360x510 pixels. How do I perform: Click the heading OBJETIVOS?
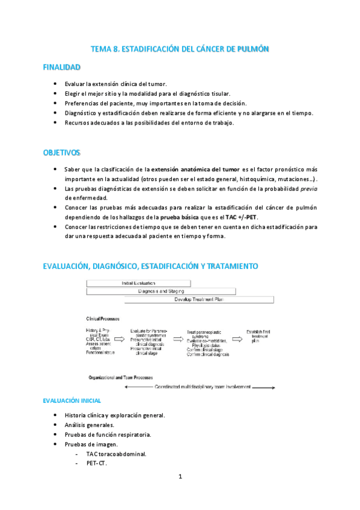(x=61, y=153)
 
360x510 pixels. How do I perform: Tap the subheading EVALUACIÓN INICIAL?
(x=72, y=400)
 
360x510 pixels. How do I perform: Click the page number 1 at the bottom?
(x=180, y=476)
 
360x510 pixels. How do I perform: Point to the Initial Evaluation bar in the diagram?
(x=139, y=283)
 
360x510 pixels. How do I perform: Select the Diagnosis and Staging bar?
(x=160, y=291)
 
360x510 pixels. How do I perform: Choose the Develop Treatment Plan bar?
(x=199, y=300)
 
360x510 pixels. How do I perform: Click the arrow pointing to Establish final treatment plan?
(x=237, y=340)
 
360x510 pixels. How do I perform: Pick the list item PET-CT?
(x=96, y=462)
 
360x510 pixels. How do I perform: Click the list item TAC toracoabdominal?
(x=116, y=453)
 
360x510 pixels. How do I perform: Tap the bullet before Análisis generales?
(x=55, y=425)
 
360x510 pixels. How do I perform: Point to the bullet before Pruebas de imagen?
(x=55, y=444)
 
